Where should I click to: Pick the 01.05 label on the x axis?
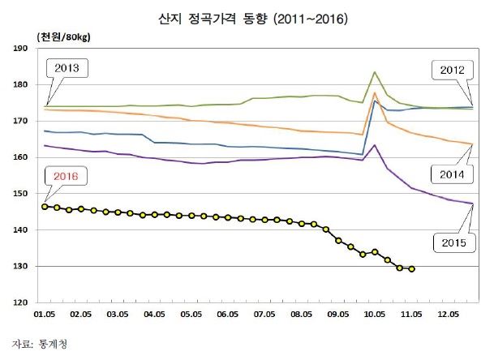pos(44,312)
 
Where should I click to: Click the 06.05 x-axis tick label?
pos(230,312)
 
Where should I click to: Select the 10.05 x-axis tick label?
pos(375,312)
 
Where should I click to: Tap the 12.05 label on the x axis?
pos(449,312)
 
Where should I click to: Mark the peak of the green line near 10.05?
pos(375,72)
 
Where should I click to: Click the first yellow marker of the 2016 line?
pos(45,207)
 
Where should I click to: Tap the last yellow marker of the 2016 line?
pos(412,269)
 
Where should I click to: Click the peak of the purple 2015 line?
pos(375,145)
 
